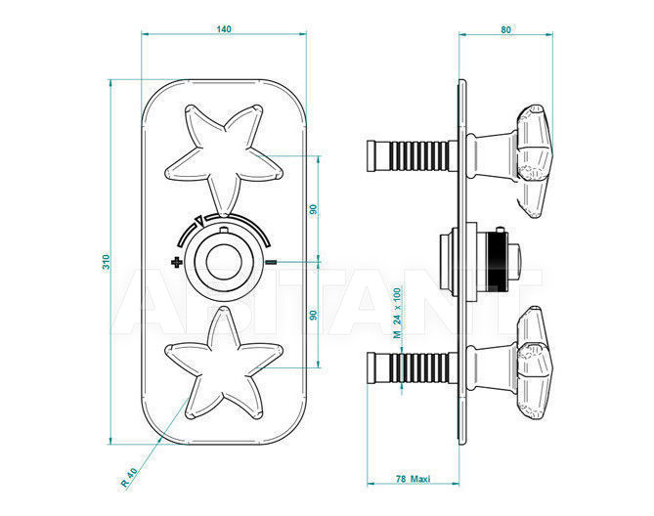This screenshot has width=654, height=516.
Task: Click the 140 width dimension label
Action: click(x=224, y=29)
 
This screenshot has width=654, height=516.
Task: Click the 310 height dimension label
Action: click(x=107, y=262)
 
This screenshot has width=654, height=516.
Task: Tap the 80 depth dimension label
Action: click(x=505, y=29)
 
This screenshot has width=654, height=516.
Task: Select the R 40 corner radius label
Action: click(x=129, y=477)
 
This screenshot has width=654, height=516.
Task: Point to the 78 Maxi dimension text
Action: click(x=413, y=479)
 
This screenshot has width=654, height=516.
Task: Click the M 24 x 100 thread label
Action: click(x=398, y=313)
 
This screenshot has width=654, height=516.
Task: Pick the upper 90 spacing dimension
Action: click(x=313, y=209)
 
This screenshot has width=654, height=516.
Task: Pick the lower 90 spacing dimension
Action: click(x=313, y=315)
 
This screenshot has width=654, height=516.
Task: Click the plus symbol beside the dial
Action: click(x=176, y=262)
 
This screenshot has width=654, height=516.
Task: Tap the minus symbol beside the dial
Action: click(x=271, y=262)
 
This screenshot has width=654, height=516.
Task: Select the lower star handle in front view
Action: click(x=224, y=363)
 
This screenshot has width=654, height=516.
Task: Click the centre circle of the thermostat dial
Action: click(x=224, y=262)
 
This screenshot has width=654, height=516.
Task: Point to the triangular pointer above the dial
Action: click(x=200, y=221)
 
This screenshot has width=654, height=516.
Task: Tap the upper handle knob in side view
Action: click(x=533, y=161)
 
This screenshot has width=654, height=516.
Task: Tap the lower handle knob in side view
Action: click(x=533, y=363)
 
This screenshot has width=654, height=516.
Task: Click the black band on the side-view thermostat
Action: click(x=498, y=263)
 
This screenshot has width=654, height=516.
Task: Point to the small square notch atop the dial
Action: click(x=224, y=231)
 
